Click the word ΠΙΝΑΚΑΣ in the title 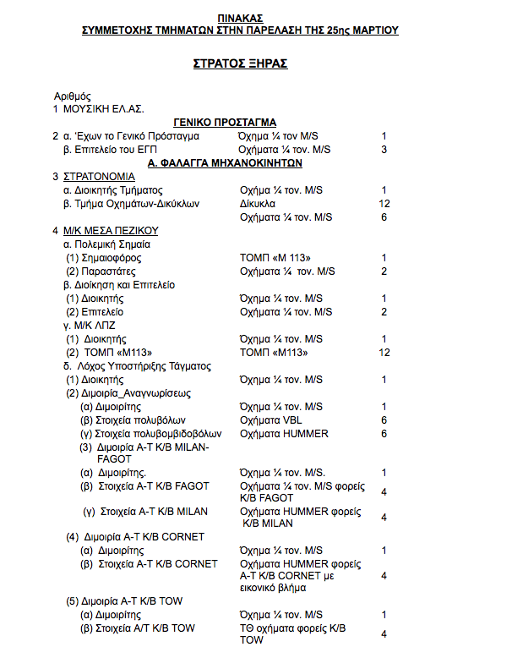coord(239,18)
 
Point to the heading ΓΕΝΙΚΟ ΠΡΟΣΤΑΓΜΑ coord(225,123)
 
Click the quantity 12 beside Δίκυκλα coord(384,204)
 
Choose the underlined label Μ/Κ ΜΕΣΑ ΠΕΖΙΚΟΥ coord(111,231)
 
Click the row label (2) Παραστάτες coord(104,271)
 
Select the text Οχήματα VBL coord(270,420)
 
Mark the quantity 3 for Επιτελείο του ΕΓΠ coord(384,150)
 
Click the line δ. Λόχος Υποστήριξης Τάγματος coord(137,366)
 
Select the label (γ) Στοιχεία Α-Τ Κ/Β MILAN coord(145,512)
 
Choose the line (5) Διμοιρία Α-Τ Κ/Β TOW coord(125,601)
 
